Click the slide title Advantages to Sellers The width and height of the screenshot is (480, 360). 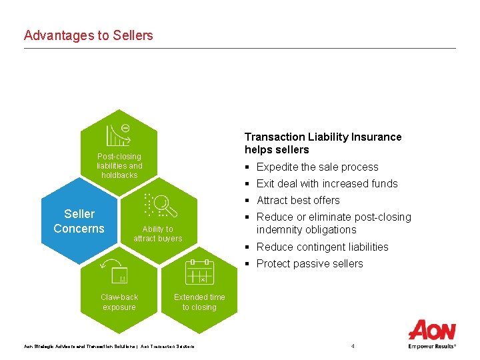pos(88,35)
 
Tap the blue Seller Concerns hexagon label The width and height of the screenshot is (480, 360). pos(79,221)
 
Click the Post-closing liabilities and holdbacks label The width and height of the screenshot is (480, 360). pos(119,166)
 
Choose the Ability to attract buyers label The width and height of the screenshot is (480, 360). pos(157,234)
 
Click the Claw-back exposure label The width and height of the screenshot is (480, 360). pos(119,302)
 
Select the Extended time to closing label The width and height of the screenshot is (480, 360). pos(199,302)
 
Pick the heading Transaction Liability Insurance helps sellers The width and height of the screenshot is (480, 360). pos(323,143)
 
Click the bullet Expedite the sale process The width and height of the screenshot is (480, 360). pos(317,167)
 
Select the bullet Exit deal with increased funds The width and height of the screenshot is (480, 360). pos(327,184)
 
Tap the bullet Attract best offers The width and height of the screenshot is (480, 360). pos(298,201)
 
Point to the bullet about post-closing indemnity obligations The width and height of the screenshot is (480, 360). pos(333,223)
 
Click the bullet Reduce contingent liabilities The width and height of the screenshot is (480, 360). pos(322,247)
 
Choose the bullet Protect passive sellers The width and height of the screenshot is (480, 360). pos(309,264)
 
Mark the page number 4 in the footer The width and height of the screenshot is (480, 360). pos(353,346)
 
